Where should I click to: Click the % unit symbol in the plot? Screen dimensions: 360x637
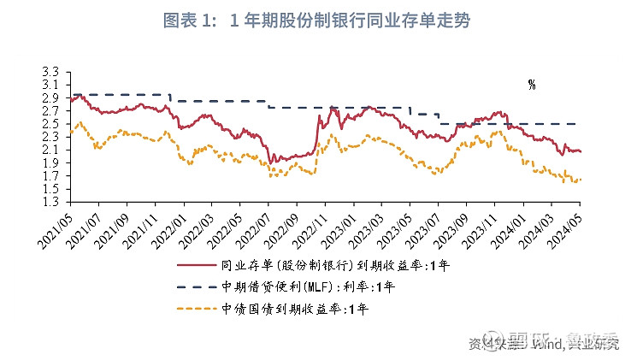pyautogui.click(x=531, y=85)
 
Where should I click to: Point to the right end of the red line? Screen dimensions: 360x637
pyautogui.click(x=581, y=151)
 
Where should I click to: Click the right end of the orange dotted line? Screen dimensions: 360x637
pyautogui.click(x=581, y=180)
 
